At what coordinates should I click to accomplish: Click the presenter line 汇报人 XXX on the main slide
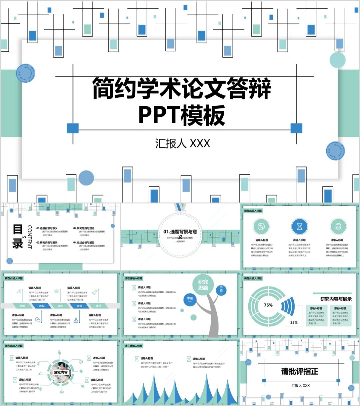pyautogui.click(x=182, y=143)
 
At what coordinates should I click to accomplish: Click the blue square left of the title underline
pyautogui.click(x=73, y=128)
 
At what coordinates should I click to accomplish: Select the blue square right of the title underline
pyautogui.click(x=296, y=128)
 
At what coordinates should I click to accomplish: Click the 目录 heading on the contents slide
pyautogui.click(x=18, y=236)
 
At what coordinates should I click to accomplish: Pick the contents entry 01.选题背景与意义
pyautogui.click(x=47, y=228)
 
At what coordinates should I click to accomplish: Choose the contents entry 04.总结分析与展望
pyautogui.click(x=84, y=243)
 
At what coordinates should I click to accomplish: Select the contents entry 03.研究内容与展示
pyautogui.click(x=47, y=243)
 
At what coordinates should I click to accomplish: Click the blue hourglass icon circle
pyautogui.click(x=299, y=227)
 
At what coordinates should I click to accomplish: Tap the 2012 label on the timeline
pyautogui.click(x=42, y=306)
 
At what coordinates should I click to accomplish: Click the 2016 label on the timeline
pyautogui.click(x=79, y=306)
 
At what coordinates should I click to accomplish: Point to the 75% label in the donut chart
pyautogui.click(x=268, y=305)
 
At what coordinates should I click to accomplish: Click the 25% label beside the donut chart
pyautogui.click(x=294, y=322)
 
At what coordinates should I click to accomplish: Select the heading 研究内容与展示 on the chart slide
pyautogui.click(x=336, y=299)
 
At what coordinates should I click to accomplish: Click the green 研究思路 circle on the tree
pyautogui.click(x=203, y=285)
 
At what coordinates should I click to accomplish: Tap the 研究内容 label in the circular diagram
pyautogui.click(x=61, y=372)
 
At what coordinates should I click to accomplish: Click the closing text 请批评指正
pyautogui.click(x=299, y=371)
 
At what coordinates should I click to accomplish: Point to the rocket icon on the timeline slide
pyautogui.click(x=94, y=292)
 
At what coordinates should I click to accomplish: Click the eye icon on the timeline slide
pyautogui.click(x=57, y=291)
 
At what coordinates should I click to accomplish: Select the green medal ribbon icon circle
pyautogui.click(x=338, y=227)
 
